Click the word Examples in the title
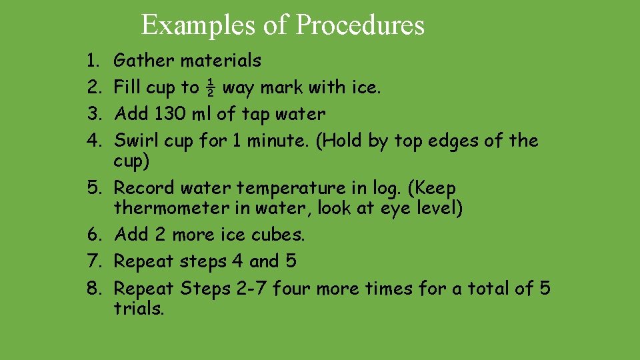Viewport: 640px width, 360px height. [x=183, y=25]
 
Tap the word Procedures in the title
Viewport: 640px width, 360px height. [x=360, y=25]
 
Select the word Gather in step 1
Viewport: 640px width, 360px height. [x=145, y=61]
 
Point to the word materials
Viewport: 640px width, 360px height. [x=221, y=61]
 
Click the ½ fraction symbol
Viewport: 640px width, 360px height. [x=211, y=87]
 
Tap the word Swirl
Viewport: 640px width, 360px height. [x=136, y=141]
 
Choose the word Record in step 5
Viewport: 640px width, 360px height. [x=145, y=188]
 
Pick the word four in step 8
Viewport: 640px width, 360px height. [x=292, y=289]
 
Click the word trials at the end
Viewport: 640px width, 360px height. [x=139, y=309]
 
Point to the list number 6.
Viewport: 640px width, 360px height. [x=91, y=235]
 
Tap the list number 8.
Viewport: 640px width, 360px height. [x=91, y=289]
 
